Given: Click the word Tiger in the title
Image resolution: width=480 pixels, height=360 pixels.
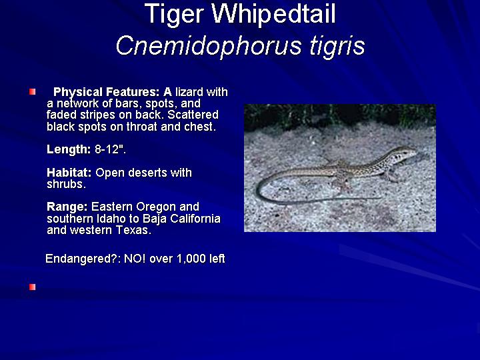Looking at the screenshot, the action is point(173,15).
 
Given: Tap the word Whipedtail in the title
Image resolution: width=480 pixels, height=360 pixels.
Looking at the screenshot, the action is point(273,14).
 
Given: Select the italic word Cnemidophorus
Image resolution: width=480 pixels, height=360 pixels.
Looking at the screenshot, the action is point(209,46).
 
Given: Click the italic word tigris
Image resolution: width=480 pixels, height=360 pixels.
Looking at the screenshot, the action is point(337,47).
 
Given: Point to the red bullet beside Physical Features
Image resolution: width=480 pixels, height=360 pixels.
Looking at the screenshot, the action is point(33,91).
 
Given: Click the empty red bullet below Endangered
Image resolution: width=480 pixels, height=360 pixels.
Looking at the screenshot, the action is point(33,287).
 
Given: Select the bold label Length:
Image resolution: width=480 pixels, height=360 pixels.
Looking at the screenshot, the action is point(69,149).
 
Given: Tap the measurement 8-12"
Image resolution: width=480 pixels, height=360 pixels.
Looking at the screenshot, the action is point(110,149).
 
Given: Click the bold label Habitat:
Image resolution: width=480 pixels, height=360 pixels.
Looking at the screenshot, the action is point(69,173).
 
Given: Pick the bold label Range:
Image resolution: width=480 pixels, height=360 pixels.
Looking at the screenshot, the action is point(67,207).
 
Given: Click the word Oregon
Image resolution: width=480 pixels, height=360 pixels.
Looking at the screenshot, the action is point(156,207).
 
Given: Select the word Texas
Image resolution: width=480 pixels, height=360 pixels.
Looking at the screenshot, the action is point(134,230).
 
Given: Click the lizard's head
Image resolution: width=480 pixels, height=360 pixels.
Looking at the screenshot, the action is point(405,153).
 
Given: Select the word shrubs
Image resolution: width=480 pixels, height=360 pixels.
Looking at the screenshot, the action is point(66,184).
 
